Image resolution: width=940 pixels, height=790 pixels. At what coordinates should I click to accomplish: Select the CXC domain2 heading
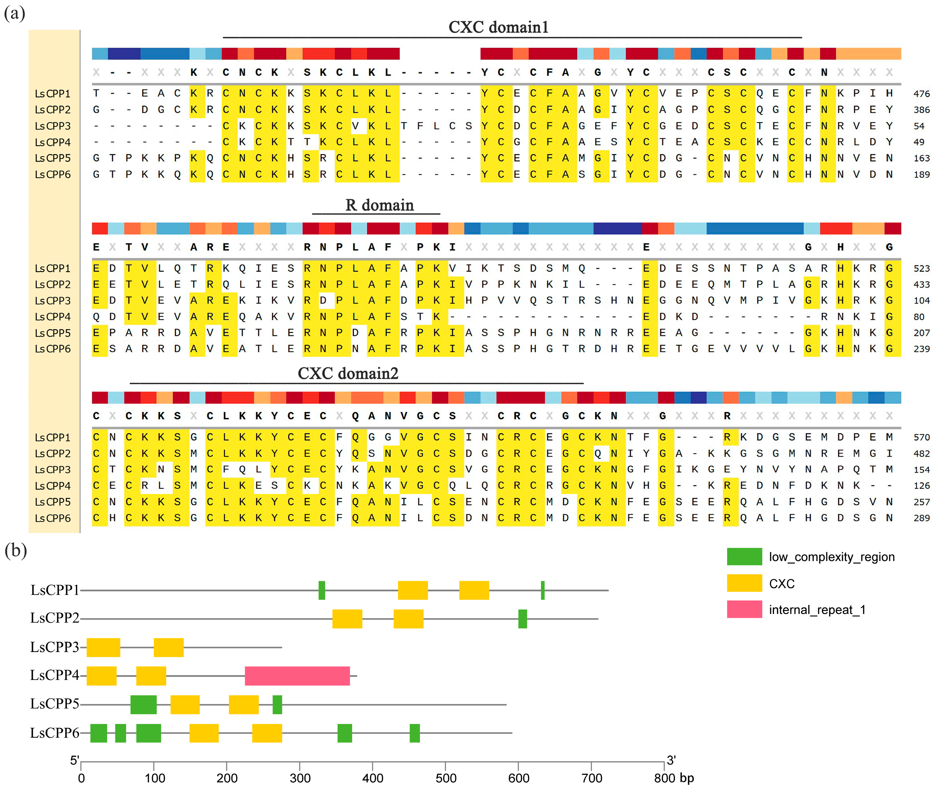click(x=348, y=373)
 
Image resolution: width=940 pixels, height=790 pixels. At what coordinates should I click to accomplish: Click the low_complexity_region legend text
click(x=831, y=557)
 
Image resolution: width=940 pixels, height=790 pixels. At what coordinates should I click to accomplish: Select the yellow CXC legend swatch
click(x=744, y=583)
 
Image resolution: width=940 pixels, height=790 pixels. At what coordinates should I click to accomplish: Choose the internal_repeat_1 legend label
click(x=817, y=610)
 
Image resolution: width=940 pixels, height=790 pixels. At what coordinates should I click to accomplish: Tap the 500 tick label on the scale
click(x=446, y=778)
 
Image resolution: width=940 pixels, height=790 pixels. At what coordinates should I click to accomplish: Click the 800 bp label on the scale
click(x=673, y=778)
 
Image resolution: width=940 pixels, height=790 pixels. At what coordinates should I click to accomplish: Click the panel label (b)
click(x=16, y=550)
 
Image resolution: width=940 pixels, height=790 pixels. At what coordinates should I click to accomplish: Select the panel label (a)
click(x=14, y=13)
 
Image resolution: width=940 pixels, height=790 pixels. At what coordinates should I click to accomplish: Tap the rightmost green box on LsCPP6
click(x=415, y=733)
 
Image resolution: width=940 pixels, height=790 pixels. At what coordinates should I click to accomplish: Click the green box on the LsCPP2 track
click(x=522, y=619)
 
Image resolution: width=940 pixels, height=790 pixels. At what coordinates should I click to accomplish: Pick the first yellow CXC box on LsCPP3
click(x=103, y=648)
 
